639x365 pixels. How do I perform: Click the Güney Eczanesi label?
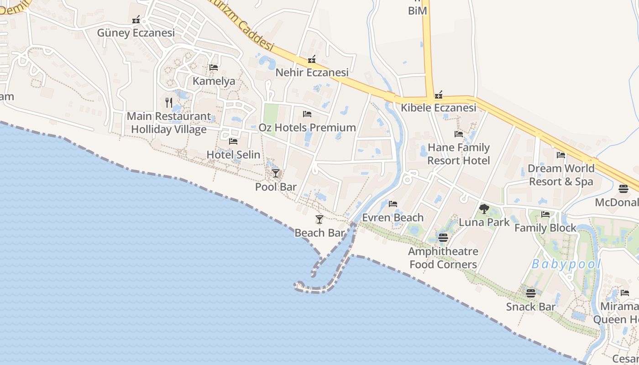coord(136,33)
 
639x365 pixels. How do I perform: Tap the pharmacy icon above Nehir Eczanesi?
coord(312,59)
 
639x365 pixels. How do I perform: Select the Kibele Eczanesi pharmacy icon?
coord(439,95)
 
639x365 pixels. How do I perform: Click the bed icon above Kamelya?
coord(213,68)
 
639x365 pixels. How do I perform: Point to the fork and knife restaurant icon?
coord(169,103)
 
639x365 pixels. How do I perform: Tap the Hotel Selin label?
coord(233,155)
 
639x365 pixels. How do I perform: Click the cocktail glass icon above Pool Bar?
coord(276,173)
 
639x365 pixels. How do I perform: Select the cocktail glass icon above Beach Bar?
coord(319,219)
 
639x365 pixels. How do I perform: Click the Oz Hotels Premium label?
coord(307,127)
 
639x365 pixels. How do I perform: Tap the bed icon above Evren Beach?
coord(393,204)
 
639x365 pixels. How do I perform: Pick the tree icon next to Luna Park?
coord(484,209)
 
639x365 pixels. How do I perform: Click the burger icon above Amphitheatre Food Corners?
coord(443,238)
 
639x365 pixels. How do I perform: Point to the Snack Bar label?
coord(531,307)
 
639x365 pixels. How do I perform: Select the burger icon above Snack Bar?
coord(530,293)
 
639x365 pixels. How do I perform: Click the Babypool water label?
coord(566,264)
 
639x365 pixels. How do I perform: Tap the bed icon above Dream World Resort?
coord(561,155)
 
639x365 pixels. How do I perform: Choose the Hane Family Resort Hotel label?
coord(459,154)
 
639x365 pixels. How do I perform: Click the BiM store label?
coord(418,10)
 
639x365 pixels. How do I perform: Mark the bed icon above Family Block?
coord(545,214)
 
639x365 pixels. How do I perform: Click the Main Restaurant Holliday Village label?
coord(169,123)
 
